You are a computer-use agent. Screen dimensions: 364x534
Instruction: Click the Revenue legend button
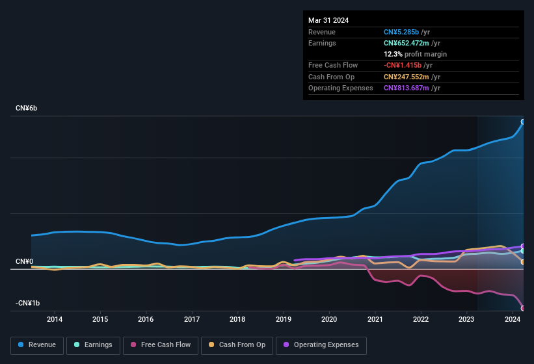pyautogui.click(x=38, y=345)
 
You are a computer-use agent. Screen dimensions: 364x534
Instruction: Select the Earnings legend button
pyautogui.click(x=93, y=345)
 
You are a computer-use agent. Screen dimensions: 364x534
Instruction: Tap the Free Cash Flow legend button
pyautogui.click(x=161, y=345)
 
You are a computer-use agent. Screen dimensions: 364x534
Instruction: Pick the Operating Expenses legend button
pyautogui.click(x=321, y=345)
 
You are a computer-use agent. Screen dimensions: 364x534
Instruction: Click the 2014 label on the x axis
pyautogui.click(x=55, y=319)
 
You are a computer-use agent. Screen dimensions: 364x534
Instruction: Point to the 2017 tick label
pyautogui.click(x=192, y=319)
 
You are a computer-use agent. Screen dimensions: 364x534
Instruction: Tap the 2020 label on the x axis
pyautogui.click(x=329, y=319)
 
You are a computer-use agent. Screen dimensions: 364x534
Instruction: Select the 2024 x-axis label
pyautogui.click(x=512, y=319)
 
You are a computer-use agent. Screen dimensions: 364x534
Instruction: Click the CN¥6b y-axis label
pyautogui.click(x=27, y=108)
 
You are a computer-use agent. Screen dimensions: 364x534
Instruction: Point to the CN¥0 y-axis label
pyautogui.click(x=24, y=261)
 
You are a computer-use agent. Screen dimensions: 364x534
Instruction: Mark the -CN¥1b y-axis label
pyautogui.click(x=28, y=304)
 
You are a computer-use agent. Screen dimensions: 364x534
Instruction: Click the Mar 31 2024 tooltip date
pyautogui.click(x=328, y=20)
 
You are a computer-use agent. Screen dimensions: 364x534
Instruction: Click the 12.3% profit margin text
pyautogui.click(x=415, y=54)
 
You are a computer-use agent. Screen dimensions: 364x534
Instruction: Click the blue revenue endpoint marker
pyautogui.click(x=523, y=122)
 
